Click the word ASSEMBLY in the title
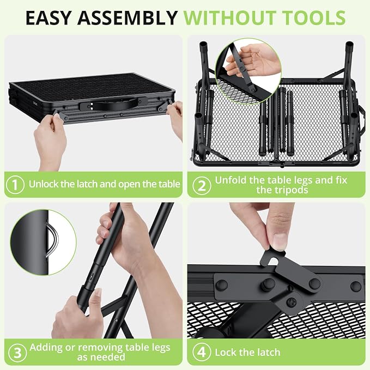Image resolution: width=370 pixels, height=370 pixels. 128,17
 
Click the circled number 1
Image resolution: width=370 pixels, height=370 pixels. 15,185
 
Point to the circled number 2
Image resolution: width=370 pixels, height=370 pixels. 202,186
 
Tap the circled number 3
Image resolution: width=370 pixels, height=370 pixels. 17,353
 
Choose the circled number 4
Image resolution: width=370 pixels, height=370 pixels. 201,353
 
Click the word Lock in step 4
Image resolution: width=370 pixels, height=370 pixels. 226,353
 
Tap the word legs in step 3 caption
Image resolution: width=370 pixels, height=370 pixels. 160,348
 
